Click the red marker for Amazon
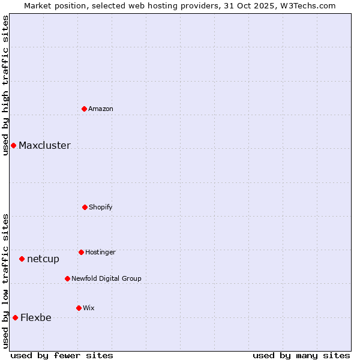coord(85,109)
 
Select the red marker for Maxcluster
coord(13,145)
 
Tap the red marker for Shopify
coord(85,207)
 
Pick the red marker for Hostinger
coord(81,252)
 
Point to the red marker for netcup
coord(22,259)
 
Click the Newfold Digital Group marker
coord(67,278)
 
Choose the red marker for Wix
coord(79,308)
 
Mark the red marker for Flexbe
coord(15,317)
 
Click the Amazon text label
coord(101,109)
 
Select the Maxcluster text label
coord(44,145)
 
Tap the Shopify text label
coord(101,207)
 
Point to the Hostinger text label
coord(100,252)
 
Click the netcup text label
coord(43,259)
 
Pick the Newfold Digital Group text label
coord(106,278)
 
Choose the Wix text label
coord(89,308)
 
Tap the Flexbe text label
coord(36,317)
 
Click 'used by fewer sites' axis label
coord(62,355)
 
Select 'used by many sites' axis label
coord(301,355)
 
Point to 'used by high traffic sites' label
coord(5,85)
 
